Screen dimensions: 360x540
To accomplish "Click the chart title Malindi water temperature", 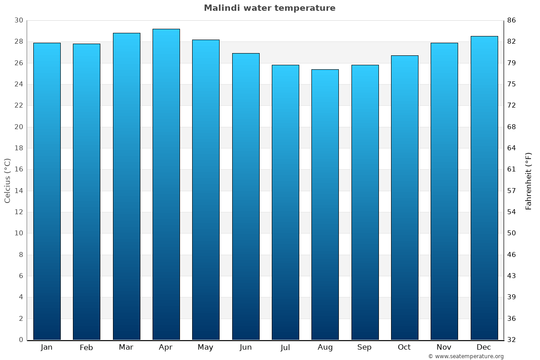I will coord(270,8).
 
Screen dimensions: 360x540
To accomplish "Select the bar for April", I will coord(166,184).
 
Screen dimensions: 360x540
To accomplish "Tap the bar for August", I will coord(325,205).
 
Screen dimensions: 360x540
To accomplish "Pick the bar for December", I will coord(484,188).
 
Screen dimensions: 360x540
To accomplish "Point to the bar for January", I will coord(47,191).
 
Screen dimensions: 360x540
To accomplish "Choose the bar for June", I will coord(246,197).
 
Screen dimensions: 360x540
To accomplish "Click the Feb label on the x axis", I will coord(86,347).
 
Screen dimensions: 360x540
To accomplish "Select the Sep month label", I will coord(364,347).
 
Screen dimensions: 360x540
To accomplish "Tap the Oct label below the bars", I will coord(404,347).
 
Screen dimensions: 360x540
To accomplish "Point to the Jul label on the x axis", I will coord(285,347).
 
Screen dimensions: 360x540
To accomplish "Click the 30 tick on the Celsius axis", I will coord(18,20).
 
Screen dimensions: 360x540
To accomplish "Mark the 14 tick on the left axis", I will coord(18,191).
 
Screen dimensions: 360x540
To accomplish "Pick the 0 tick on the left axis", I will coord(21,340).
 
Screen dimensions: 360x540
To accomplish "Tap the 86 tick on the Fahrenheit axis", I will coord(512,20).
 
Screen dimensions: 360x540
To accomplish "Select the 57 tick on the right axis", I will coord(512,191).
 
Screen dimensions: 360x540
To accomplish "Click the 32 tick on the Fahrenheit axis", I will coord(512,340).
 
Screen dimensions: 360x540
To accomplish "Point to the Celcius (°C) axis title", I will coord(8,180).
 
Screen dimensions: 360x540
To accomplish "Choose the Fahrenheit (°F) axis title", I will coord(529,180).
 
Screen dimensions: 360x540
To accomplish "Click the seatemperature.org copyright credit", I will coord(466,356).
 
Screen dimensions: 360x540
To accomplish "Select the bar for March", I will coord(126,186).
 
